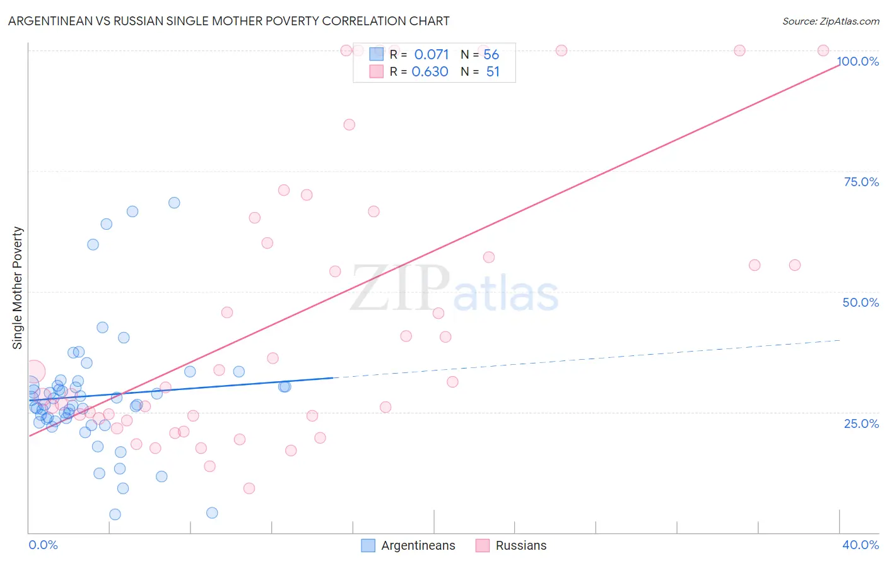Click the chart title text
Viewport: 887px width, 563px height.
click(x=228, y=21)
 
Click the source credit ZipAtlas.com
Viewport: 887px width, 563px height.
click(x=830, y=21)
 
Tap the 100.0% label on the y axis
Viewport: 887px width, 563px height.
click(x=857, y=61)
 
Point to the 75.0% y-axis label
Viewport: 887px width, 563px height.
click(x=861, y=182)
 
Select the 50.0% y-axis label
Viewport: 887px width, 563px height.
click(x=861, y=302)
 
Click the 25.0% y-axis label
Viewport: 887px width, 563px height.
click(x=861, y=423)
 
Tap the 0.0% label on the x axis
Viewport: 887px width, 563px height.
click(x=43, y=545)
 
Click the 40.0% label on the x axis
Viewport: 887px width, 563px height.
click(x=861, y=545)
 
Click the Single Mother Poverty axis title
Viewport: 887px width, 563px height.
click(x=18, y=288)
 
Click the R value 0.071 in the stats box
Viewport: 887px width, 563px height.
click(x=432, y=55)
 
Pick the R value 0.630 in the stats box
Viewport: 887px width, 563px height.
click(x=430, y=72)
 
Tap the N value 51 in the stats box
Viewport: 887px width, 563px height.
click(x=493, y=72)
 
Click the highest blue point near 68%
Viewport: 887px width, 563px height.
click(x=174, y=203)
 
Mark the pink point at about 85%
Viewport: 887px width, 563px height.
click(x=349, y=124)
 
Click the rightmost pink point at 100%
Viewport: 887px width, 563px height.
click(x=823, y=50)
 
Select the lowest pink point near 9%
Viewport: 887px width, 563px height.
click(x=249, y=488)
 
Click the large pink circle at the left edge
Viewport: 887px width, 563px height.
click(x=34, y=371)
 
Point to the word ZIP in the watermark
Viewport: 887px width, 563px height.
click(x=399, y=288)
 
